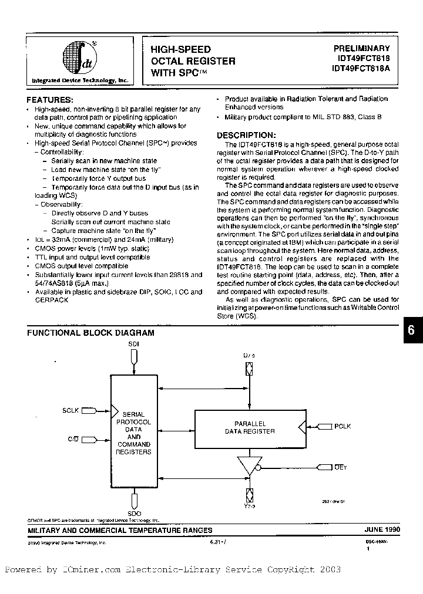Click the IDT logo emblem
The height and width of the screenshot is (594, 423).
click(x=75, y=58)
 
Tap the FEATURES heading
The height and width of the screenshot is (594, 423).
click(x=51, y=99)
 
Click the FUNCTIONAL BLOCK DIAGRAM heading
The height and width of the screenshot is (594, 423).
click(x=91, y=333)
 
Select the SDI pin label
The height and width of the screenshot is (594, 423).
click(x=134, y=345)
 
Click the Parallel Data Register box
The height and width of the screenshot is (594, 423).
click(x=251, y=427)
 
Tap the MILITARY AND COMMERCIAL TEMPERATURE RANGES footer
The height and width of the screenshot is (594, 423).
click(x=120, y=530)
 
